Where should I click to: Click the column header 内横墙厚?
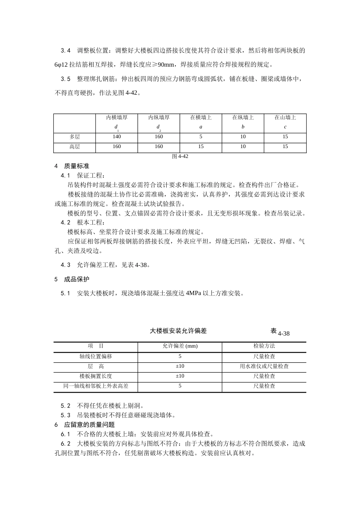pyautogui.click(x=117, y=118)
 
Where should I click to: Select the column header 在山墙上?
pyautogui.click(x=285, y=118)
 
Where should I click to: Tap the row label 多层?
pyautogui.click(x=75, y=137)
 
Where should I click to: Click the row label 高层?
pyautogui.click(x=75, y=147)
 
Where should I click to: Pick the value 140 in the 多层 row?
pyautogui.click(x=117, y=137)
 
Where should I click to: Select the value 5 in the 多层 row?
pyautogui.click(x=201, y=137)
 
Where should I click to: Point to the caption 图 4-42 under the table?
pyautogui.click(x=180, y=156)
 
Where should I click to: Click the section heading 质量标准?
pyautogui.click(x=77, y=166)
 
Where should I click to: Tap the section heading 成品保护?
pyautogui.click(x=77, y=279)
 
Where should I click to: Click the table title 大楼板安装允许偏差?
pyautogui.click(x=178, y=331)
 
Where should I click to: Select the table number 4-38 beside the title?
pyautogui.click(x=283, y=334)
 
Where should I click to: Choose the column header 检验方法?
pyautogui.click(x=264, y=346)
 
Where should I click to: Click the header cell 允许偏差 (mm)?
pyautogui.click(x=180, y=346)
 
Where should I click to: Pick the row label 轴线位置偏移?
pyautogui.click(x=95, y=356)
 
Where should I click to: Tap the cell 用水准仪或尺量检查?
pyautogui.click(x=264, y=366)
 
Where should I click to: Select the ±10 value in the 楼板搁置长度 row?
pyautogui.click(x=180, y=376)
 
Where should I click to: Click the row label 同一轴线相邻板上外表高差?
pyautogui.click(x=95, y=386)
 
